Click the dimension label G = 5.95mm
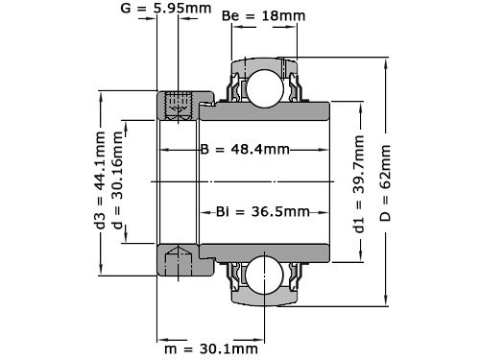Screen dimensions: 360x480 tap(169, 10)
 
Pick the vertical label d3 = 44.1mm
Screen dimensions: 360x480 tap(101, 180)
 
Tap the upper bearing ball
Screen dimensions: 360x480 tap(263, 86)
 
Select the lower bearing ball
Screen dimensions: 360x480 tap(263, 274)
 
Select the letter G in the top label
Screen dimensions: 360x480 tap(127, 10)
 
